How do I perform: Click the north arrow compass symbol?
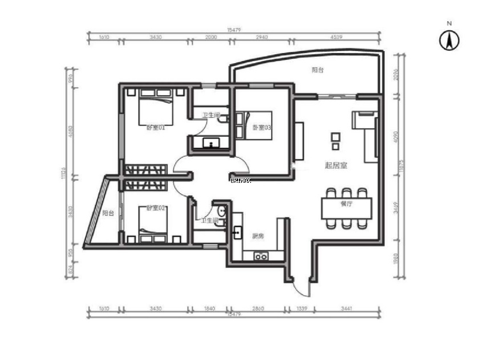coord(449,40)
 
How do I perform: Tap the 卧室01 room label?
coord(156,128)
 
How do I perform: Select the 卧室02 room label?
coord(156,208)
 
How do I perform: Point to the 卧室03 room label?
coord(262,128)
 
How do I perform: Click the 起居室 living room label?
coord(336,166)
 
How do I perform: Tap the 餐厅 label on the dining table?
coord(346,204)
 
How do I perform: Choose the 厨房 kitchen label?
coord(258,236)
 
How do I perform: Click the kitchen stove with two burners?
coord(261,257)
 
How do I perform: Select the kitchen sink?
coord(237,233)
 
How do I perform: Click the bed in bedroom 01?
coord(156,109)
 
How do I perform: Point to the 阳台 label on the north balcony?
coord(318,70)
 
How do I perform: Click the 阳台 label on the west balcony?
coord(108,213)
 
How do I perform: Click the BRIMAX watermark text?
coord(240,181)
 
